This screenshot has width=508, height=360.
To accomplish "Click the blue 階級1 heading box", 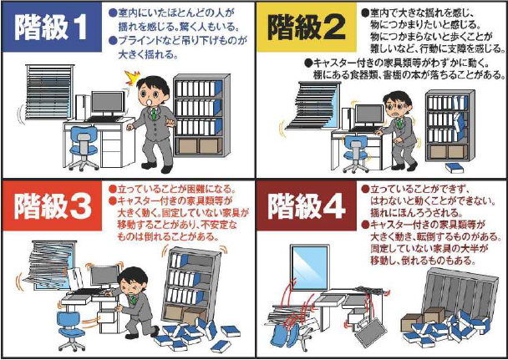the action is pyautogui.click(x=52, y=28).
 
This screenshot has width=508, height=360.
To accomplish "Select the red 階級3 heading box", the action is pyautogui.click(x=52, y=206).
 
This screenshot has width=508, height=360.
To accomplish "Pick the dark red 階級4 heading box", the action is pyautogui.click(x=307, y=206).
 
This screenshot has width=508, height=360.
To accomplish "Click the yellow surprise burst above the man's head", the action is pyautogui.click(x=132, y=78).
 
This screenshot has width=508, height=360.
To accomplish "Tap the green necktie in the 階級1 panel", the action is pyautogui.click(x=155, y=114).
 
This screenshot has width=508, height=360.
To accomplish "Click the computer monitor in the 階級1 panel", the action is pyautogui.click(x=108, y=103).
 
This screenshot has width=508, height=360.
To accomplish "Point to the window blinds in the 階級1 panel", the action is pyautogui.click(x=49, y=92).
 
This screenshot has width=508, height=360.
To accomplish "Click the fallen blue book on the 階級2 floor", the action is pyautogui.click(x=455, y=168).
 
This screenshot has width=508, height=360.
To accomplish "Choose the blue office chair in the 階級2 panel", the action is pyautogui.click(x=356, y=154).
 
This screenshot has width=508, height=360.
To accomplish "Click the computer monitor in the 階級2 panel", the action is pyautogui.click(x=369, y=116).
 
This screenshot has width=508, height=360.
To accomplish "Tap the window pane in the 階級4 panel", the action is pyautogui.click(x=310, y=268).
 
